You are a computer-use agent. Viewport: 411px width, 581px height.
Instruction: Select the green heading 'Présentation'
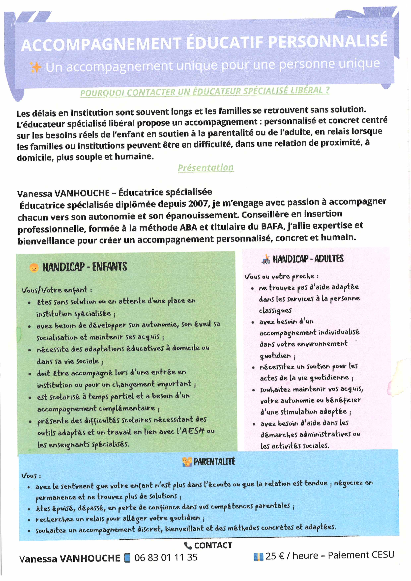click(x=206, y=167)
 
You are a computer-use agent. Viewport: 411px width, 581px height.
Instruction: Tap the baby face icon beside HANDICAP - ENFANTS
click(x=34, y=268)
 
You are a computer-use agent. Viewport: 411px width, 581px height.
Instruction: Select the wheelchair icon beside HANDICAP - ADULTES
click(x=266, y=259)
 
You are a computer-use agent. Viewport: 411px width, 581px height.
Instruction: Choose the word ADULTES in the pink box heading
click(x=329, y=259)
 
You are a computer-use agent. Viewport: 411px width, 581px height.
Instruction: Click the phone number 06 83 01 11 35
click(x=166, y=557)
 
